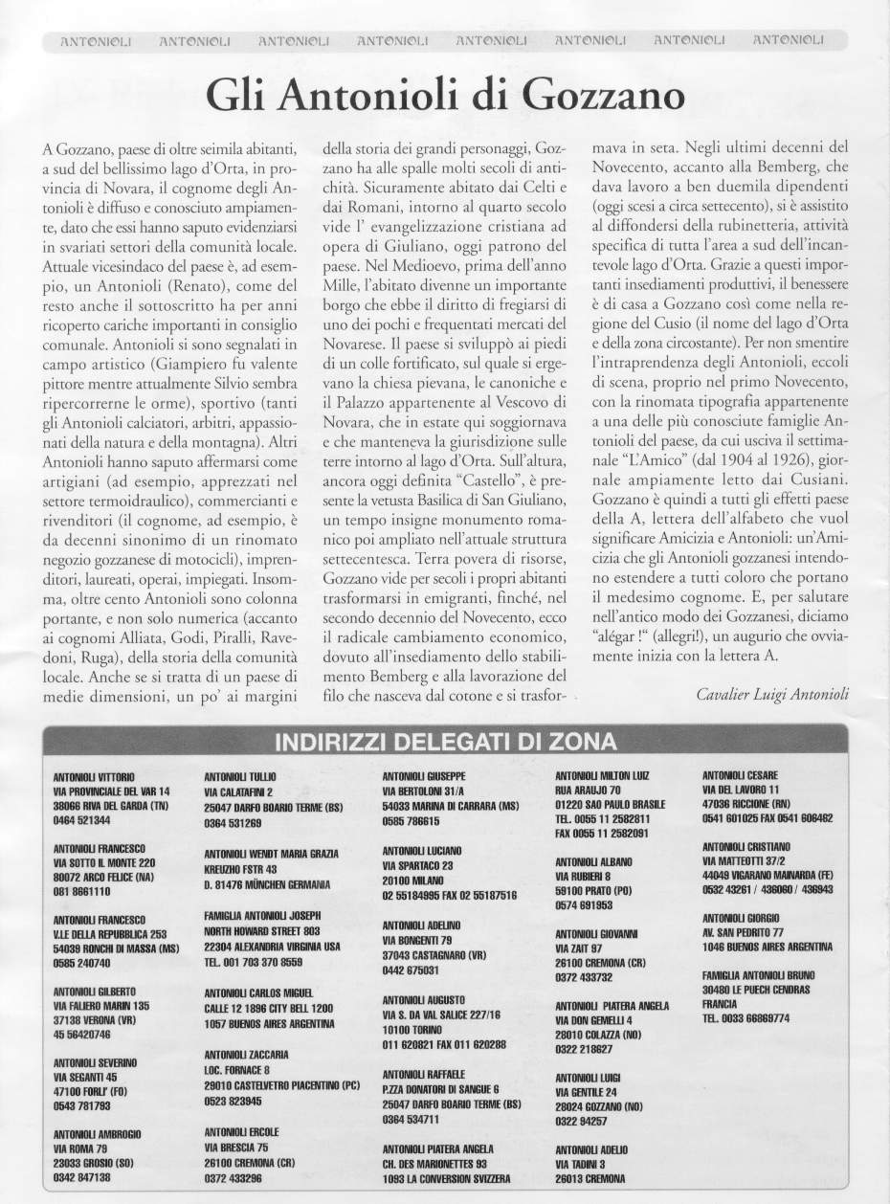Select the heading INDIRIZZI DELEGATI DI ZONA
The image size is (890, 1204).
445,742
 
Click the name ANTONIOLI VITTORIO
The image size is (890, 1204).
95,775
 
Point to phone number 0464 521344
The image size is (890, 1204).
82,820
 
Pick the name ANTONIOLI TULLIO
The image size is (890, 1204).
240,777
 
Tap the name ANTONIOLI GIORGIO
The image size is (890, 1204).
743,916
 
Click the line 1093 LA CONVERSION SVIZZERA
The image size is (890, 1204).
446,1177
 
